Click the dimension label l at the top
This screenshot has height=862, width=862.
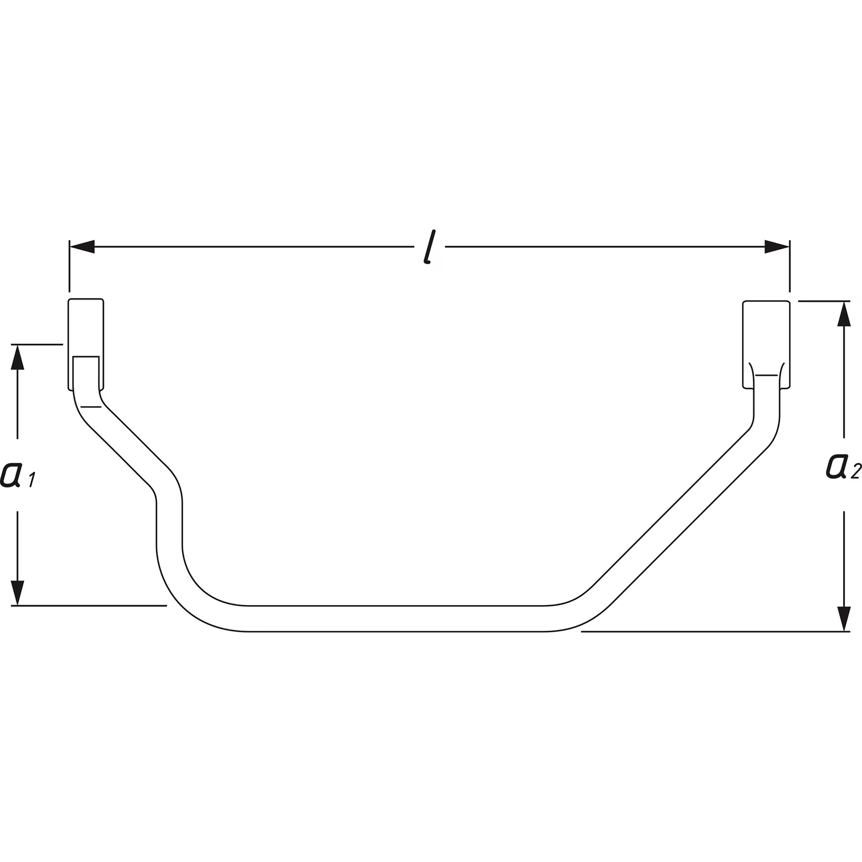coord(429,247)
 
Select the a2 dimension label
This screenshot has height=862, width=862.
coord(844,466)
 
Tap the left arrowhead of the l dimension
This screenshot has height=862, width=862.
coord(82,247)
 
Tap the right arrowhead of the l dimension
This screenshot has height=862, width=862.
coord(777,247)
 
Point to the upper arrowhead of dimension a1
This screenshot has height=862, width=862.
coord(18,357)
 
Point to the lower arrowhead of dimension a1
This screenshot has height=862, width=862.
coord(18,593)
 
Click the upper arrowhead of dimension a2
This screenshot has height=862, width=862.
coord(844,314)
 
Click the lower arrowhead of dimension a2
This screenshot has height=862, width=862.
coord(844,619)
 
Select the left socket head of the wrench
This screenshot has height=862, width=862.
coord(86,344)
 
